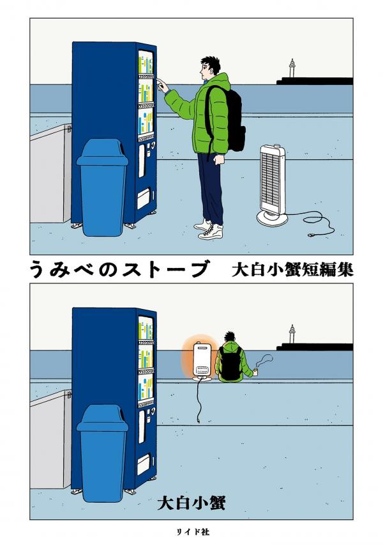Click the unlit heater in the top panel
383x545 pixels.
pos(274,186)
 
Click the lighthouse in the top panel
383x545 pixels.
pos(292,69)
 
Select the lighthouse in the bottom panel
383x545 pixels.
pos(292,336)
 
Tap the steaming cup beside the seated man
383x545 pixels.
pos(255,370)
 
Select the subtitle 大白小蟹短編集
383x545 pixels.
pos(294,270)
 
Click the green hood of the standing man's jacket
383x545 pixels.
pos(220,84)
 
